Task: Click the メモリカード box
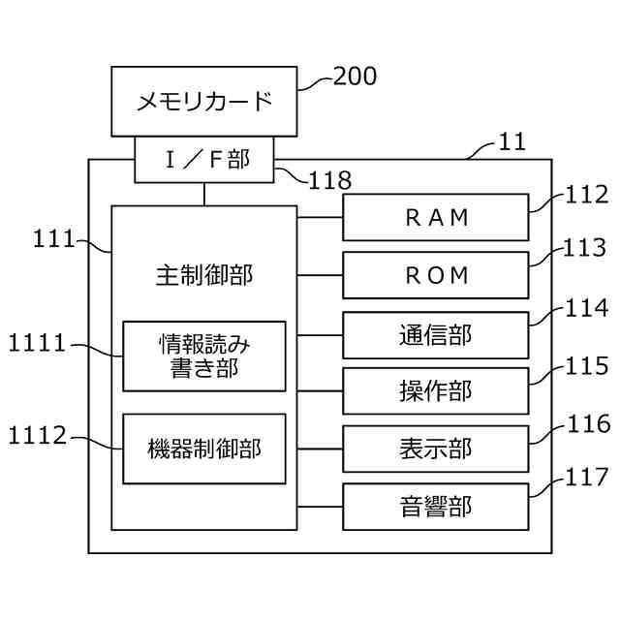point(203,101)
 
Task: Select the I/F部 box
point(203,159)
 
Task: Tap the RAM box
point(436,217)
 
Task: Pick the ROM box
point(436,275)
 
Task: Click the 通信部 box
point(436,334)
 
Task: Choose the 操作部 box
point(436,390)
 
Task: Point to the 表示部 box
point(436,449)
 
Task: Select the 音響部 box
point(436,506)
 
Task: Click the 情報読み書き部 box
point(203,356)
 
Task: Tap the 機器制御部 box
point(203,449)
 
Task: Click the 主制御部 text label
point(203,275)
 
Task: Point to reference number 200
point(355,77)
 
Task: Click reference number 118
point(329,179)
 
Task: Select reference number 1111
point(37,342)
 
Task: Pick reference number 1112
point(37,436)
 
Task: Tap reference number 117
point(587,477)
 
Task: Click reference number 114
point(587,309)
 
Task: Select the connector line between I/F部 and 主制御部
point(203,194)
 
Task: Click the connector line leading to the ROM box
point(320,275)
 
